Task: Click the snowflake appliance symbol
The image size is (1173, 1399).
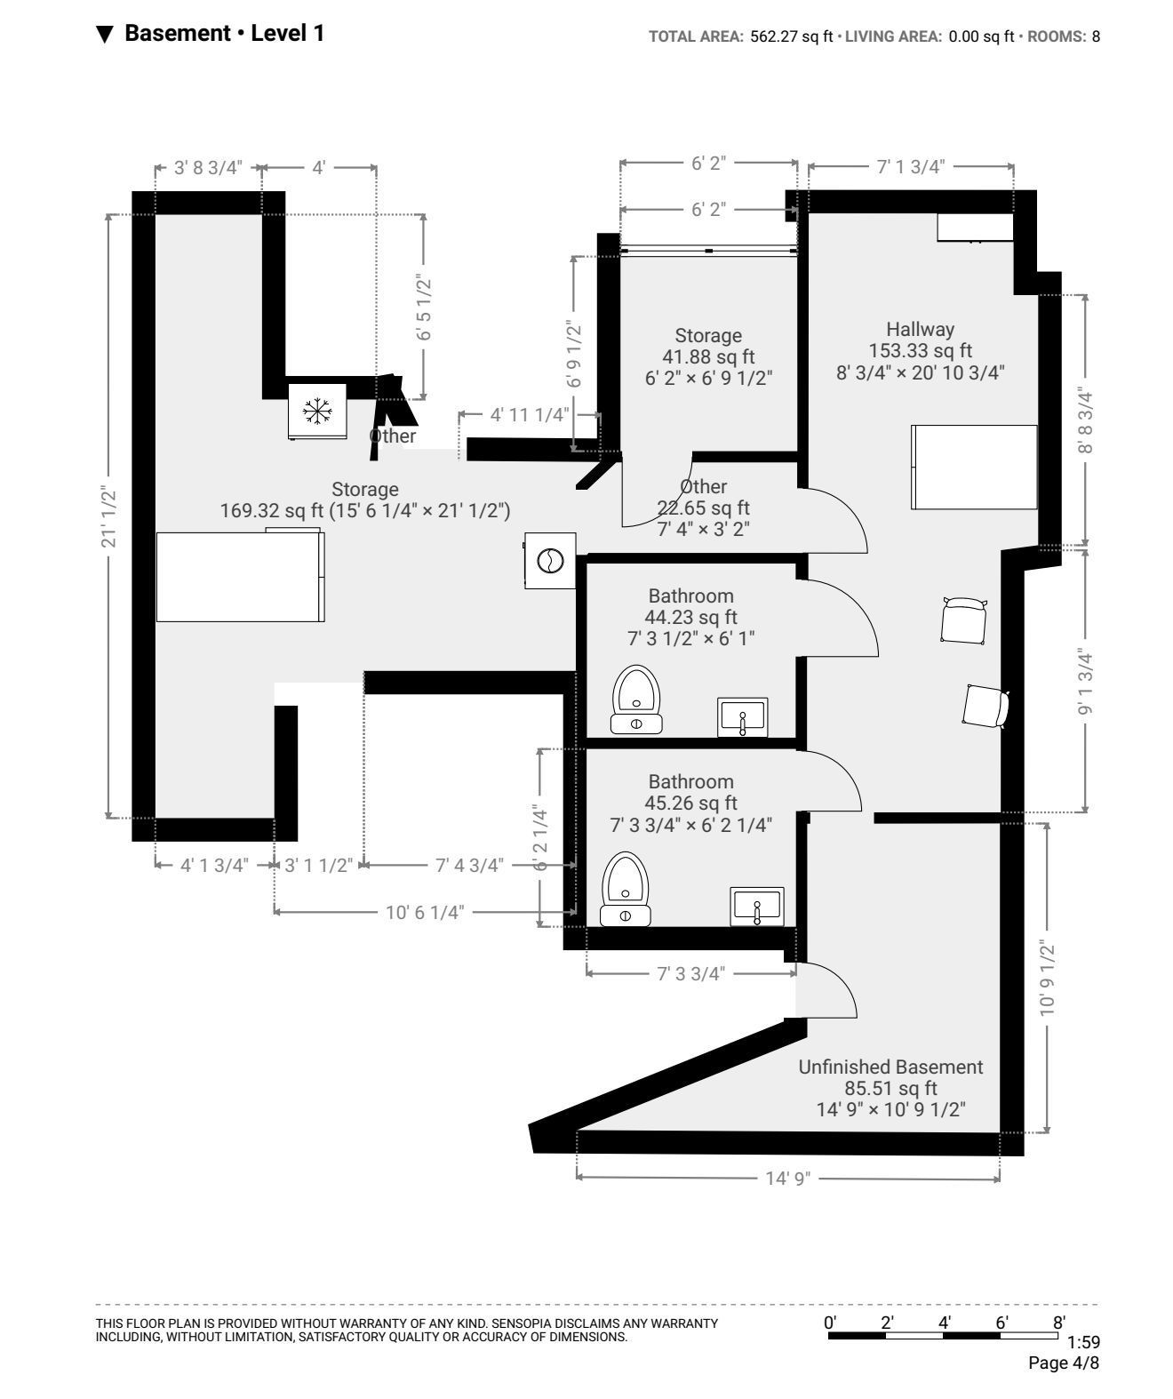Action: click(317, 411)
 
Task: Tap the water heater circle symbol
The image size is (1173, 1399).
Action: click(550, 560)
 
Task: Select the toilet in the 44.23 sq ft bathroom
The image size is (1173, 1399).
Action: click(635, 699)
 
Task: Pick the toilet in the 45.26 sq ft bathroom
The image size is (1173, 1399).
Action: click(625, 889)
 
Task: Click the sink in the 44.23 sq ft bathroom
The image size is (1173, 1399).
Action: click(742, 717)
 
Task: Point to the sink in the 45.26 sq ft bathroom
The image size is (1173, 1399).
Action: click(757, 907)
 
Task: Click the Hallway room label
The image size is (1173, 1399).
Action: click(920, 330)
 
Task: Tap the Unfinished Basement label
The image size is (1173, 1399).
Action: click(890, 1067)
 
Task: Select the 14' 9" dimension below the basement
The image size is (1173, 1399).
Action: click(788, 1178)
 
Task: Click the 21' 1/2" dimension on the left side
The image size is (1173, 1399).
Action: click(108, 516)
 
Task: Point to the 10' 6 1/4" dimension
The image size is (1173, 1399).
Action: click(425, 912)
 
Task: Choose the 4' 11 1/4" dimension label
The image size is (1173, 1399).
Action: click(530, 415)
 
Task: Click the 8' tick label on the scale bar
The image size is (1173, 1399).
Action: click(1059, 1322)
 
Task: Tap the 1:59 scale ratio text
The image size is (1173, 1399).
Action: click(1083, 1342)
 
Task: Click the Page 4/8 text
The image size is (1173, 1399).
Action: click(1064, 1363)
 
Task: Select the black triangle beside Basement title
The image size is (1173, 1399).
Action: click(105, 34)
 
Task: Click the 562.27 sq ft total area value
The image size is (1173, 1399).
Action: click(791, 36)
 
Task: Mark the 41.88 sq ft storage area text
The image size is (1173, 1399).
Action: click(708, 356)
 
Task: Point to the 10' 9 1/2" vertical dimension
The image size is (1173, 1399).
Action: click(1047, 979)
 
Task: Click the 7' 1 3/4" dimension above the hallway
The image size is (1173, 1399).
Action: click(910, 167)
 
